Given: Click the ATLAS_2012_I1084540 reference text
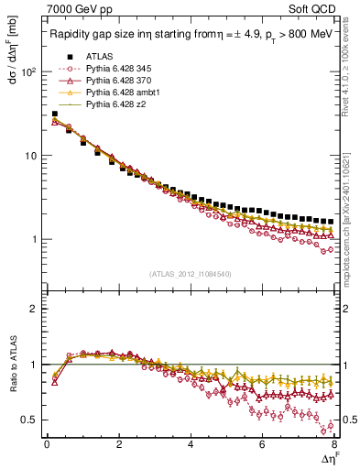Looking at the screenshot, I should [x=190, y=274].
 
